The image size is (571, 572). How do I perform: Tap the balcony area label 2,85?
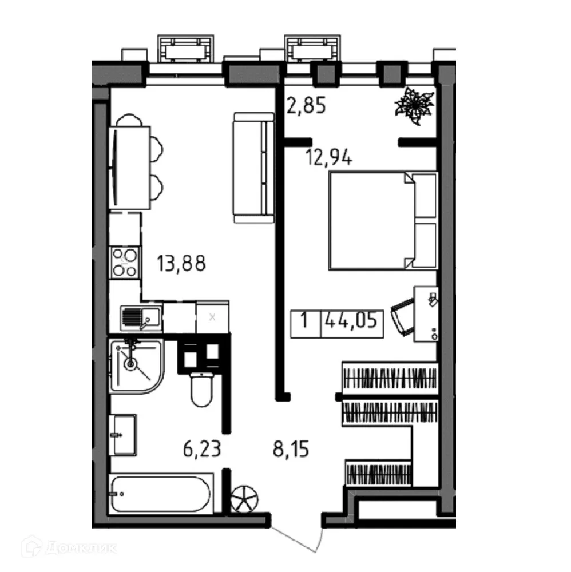pyautogui.click(x=306, y=106)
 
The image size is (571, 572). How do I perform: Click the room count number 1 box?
pyautogui.click(x=306, y=322)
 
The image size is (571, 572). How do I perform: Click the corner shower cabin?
pyautogui.click(x=136, y=364)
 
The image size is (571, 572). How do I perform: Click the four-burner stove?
pyautogui.click(x=125, y=263)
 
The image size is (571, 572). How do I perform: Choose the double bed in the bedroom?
pyautogui.click(x=382, y=220)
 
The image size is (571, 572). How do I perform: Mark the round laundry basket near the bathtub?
pyautogui.click(x=245, y=498)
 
